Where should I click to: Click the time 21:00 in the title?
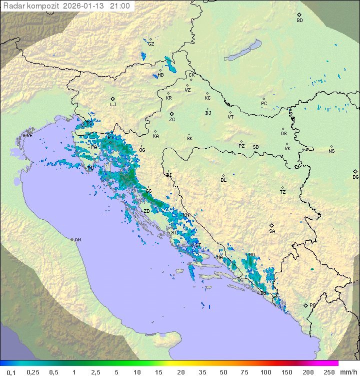(x=120, y=6)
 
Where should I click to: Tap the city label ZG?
(x=172, y=120)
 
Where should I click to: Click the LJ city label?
(x=113, y=105)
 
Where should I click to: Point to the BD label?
(x=299, y=21)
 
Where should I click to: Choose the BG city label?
(x=355, y=177)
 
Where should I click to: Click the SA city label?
(x=272, y=231)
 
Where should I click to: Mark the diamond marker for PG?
(x=305, y=305)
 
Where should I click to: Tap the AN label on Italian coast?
(x=77, y=240)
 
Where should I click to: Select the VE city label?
(x=29, y=136)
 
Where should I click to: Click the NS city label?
(x=331, y=151)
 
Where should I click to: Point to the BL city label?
(x=223, y=180)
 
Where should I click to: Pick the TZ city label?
(x=282, y=192)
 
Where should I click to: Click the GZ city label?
(x=150, y=44)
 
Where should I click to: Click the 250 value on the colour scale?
(x=328, y=372)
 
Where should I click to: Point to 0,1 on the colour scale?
(x=11, y=372)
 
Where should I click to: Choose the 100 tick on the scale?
(x=265, y=372)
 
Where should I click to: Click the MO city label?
(x=251, y=255)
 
